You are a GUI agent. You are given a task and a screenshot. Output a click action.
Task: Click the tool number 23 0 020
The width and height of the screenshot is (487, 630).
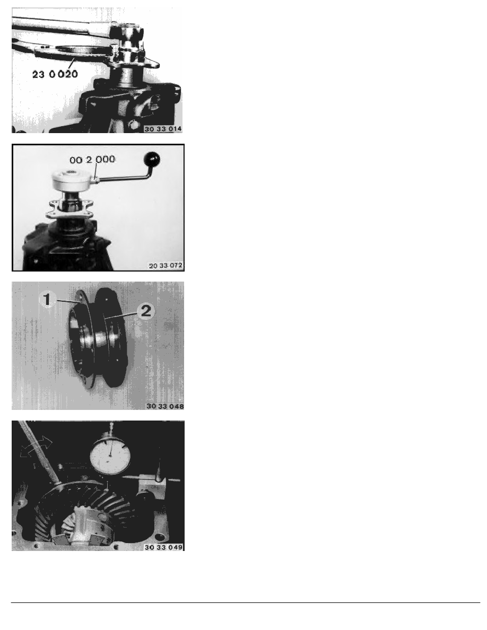[x=54, y=75]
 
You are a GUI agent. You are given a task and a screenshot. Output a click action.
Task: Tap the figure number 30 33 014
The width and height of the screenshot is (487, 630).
[x=163, y=128]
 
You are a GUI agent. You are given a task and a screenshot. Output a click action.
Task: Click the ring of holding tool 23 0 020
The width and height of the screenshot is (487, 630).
[x=74, y=51]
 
